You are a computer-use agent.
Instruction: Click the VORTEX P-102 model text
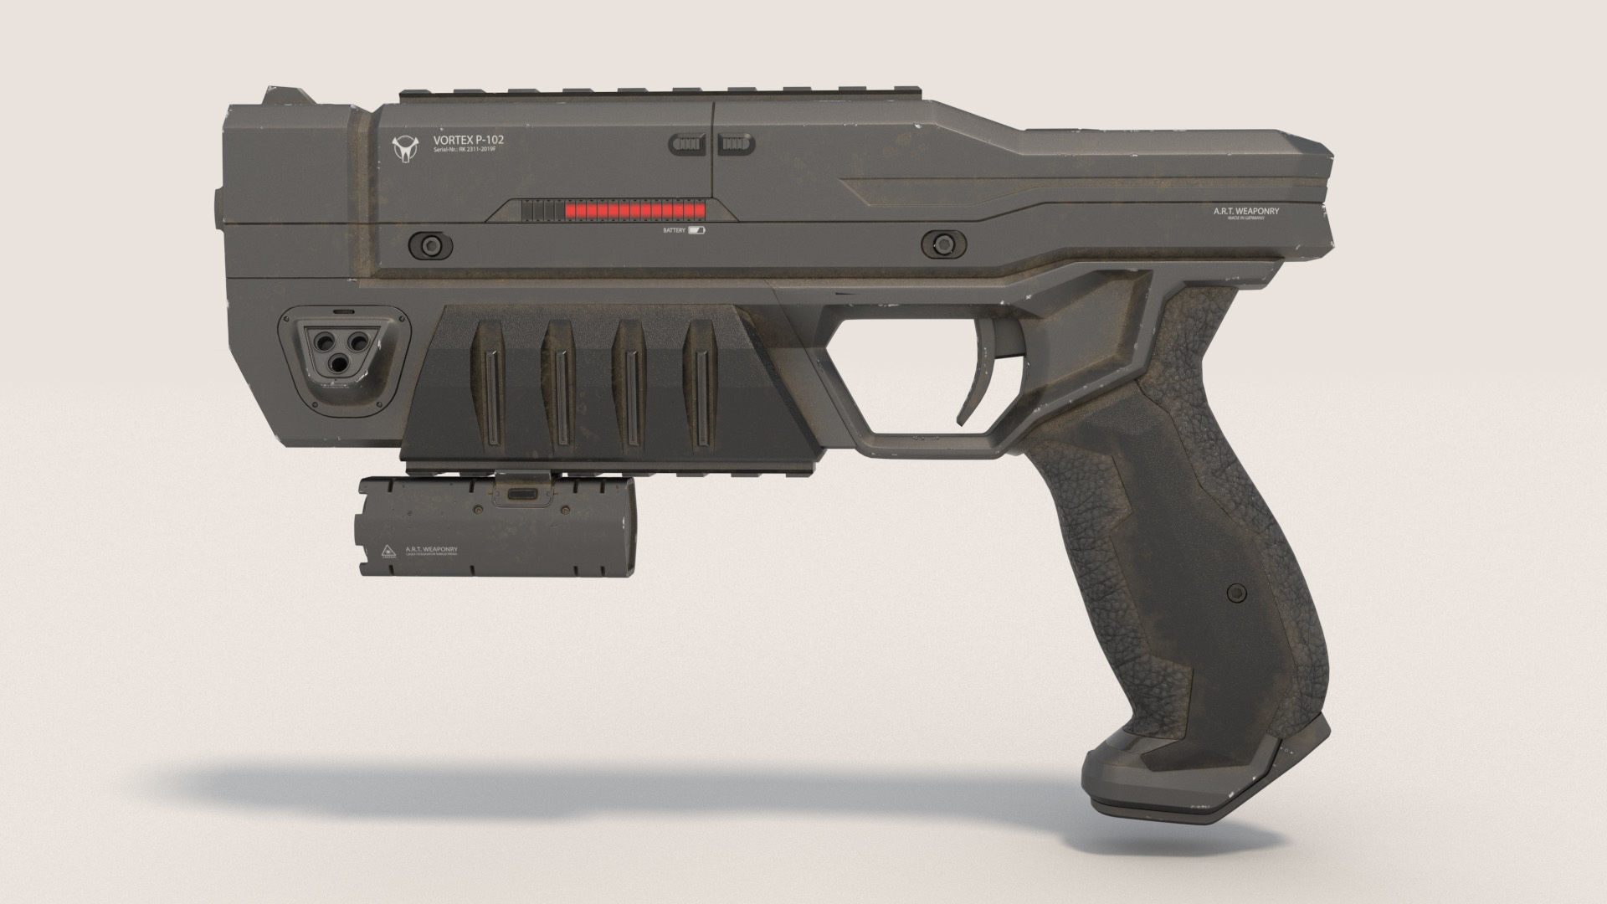[x=469, y=140]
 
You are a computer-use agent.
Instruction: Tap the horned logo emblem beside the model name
[x=405, y=149]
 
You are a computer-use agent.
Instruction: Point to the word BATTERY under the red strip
[x=674, y=229]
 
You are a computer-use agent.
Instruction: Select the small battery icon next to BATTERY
[x=697, y=229]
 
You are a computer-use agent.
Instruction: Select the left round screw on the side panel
[x=430, y=244]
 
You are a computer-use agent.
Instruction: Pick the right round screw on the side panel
[x=942, y=244]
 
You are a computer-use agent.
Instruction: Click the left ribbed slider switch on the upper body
[x=688, y=145]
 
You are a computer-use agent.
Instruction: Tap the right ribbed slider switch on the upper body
[x=736, y=145]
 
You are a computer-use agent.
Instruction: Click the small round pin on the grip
[x=1232, y=593]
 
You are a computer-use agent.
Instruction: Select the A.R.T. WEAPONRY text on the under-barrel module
[x=431, y=549]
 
